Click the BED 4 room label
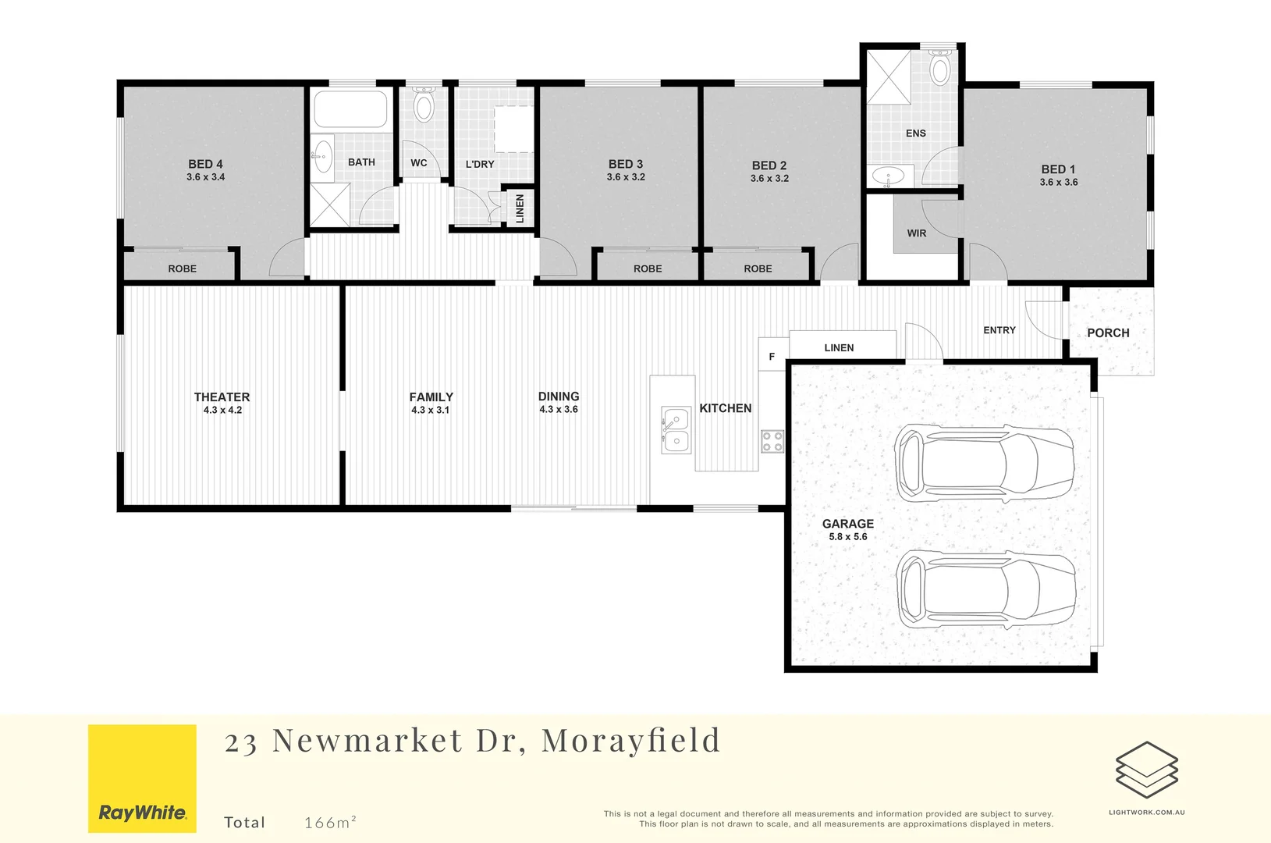tap(205, 164)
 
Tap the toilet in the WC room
tap(424, 105)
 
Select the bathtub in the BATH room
tap(350, 109)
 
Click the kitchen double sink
tap(676, 430)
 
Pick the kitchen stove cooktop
tap(772, 442)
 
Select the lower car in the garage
tap(986, 590)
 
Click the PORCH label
tap(1108, 333)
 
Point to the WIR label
tap(917, 233)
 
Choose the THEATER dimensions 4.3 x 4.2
tap(222, 410)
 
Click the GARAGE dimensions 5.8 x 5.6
tap(847, 537)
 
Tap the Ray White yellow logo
tap(142, 778)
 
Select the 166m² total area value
tap(330, 822)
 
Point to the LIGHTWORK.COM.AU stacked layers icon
tap(1146, 770)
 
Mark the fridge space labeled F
tap(772, 357)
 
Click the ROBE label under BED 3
tap(648, 269)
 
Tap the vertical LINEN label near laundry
tap(520, 208)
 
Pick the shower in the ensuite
tap(889, 76)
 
